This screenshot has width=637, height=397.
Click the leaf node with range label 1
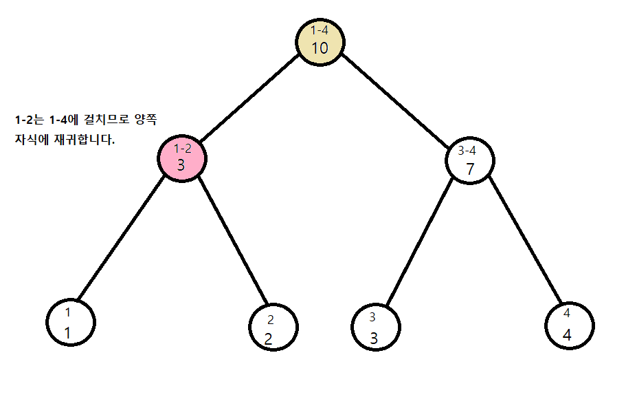tap(71, 322)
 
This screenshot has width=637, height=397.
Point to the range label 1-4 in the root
tap(320, 30)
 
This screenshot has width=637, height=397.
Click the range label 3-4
tap(467, 151)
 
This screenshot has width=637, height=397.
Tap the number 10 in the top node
tap(320, 48)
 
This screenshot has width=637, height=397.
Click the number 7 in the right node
tap(470, 169)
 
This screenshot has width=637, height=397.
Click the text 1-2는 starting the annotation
tap(29, 120)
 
